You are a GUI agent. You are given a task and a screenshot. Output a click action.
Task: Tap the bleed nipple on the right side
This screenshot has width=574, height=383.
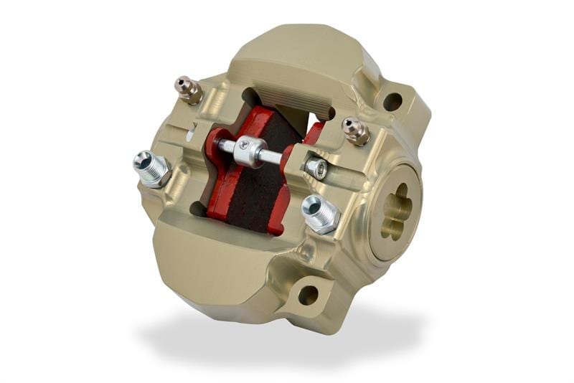coord(354,130)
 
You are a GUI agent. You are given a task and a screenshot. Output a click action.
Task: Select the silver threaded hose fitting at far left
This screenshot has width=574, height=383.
coord(149,167)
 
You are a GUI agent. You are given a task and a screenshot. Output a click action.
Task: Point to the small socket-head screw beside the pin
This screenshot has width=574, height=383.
coord(317,169)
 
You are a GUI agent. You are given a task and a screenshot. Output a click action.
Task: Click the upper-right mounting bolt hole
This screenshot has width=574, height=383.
coord(392,102)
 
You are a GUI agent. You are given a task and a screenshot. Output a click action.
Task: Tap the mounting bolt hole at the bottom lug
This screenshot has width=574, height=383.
coord(308,295)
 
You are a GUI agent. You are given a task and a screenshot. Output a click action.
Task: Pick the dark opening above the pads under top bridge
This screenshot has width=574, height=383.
coord(287,104)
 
